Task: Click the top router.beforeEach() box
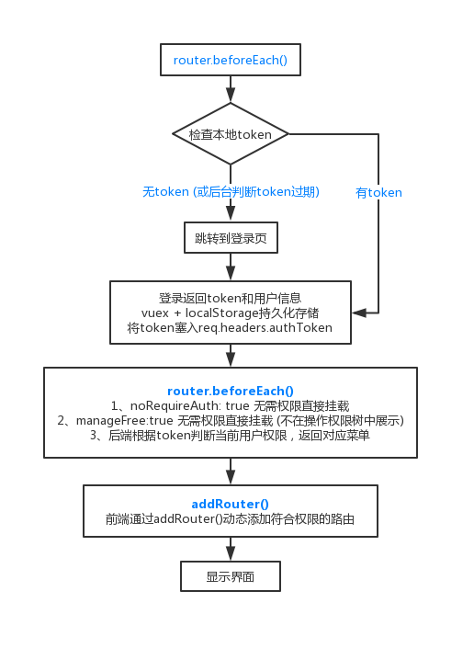tap(231, 60)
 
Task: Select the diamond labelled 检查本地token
tap(231, 134)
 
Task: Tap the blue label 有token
tap(378, 193)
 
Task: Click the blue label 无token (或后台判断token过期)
tap(231, 192)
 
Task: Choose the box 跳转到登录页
tap(231, 238)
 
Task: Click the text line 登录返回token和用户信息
tap(231, 298)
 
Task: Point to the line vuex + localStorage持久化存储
tap(230, 313)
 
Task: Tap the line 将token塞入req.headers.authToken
tap(230, 328)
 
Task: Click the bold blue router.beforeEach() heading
tap(231, 391)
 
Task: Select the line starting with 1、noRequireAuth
tap(230, 405)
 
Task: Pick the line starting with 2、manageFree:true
tap(231, 420)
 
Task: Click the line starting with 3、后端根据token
tap(230, 435)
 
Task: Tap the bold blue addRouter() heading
tap(230, 504)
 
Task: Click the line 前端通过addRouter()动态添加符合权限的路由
tap(230, 518)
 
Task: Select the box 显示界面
tap(231, 576)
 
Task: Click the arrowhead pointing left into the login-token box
tap(359, 313)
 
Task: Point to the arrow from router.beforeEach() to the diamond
tap(231, 89)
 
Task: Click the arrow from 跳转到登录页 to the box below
tap(231, 267)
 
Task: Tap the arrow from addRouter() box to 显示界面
tap(231, 549)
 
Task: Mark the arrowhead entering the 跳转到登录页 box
tap(231, 214)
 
